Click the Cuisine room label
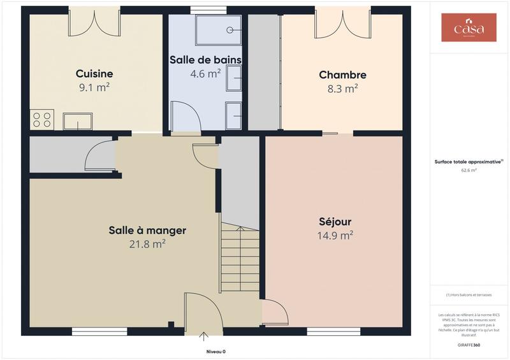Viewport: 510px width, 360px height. click(94, 73)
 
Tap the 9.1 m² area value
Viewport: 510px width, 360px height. click(94, 88)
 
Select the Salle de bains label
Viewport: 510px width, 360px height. click(205, 59)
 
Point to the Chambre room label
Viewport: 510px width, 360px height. click(342, 75)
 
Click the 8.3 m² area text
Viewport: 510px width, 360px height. click(342, 89)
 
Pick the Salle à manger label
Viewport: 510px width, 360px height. click(147, 230)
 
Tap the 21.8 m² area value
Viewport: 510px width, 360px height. click(147, 244)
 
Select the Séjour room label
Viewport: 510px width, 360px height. click(335, 222)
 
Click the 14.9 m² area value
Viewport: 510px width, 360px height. click(335, 236)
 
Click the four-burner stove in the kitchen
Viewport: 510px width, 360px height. click(42, 119)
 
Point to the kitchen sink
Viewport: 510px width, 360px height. click(77, 121)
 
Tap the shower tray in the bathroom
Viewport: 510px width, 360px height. click(218, 30)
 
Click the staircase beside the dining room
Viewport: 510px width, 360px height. click(240, 260)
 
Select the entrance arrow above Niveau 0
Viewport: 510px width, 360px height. click(204, 336)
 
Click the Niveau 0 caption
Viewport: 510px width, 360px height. click(215, 352)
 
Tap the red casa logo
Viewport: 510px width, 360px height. click(469, 27)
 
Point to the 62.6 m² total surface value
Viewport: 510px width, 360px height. click(469, 171)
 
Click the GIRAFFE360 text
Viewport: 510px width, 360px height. click(469, 345)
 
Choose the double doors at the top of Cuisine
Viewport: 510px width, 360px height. click(94, 22)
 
